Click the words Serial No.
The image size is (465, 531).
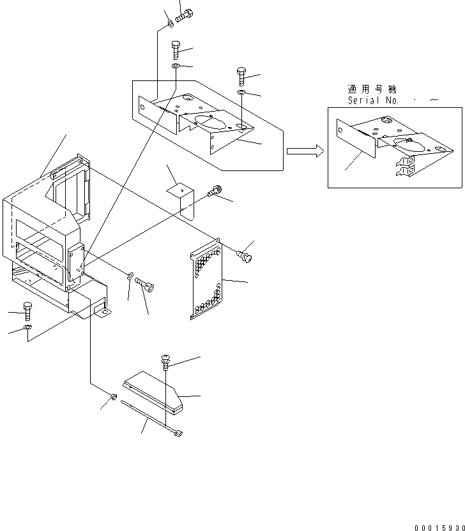click(373, 101)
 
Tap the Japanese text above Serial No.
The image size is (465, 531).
click(371, 89)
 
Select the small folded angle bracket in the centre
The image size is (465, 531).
click(181, 197)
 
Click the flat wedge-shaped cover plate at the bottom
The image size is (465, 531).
click(155, 391)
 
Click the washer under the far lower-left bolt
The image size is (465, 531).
click(27, 328)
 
